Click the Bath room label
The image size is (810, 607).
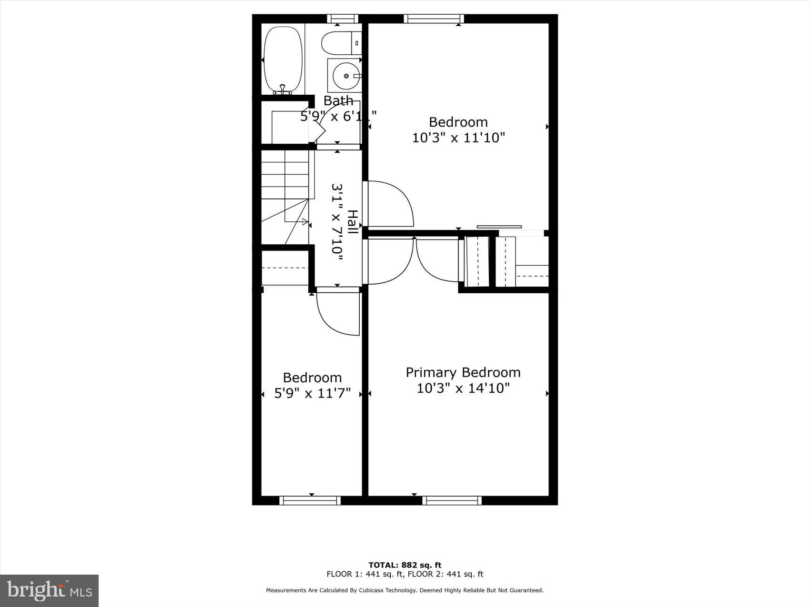(x=338, y=100)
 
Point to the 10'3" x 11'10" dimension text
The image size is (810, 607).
(x=458, y=138)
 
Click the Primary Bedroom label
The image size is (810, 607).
(x=463, y=372)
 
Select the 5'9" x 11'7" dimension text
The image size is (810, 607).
(x=313, y=393)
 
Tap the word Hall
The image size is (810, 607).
(x=352, y=222)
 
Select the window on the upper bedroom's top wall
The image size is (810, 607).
(x=434, y=19)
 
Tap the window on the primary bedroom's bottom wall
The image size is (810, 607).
(x=452, y=500)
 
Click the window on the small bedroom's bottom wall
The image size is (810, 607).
(x=310, y=500)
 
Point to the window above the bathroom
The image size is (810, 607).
(x=342, y=19)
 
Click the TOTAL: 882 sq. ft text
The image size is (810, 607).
(x=405, y=565)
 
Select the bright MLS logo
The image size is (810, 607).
(x=50, y=591)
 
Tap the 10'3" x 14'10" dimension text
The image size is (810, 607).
(x=463, y=388)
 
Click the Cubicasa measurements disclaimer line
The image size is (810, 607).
(x=405, y=590)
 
